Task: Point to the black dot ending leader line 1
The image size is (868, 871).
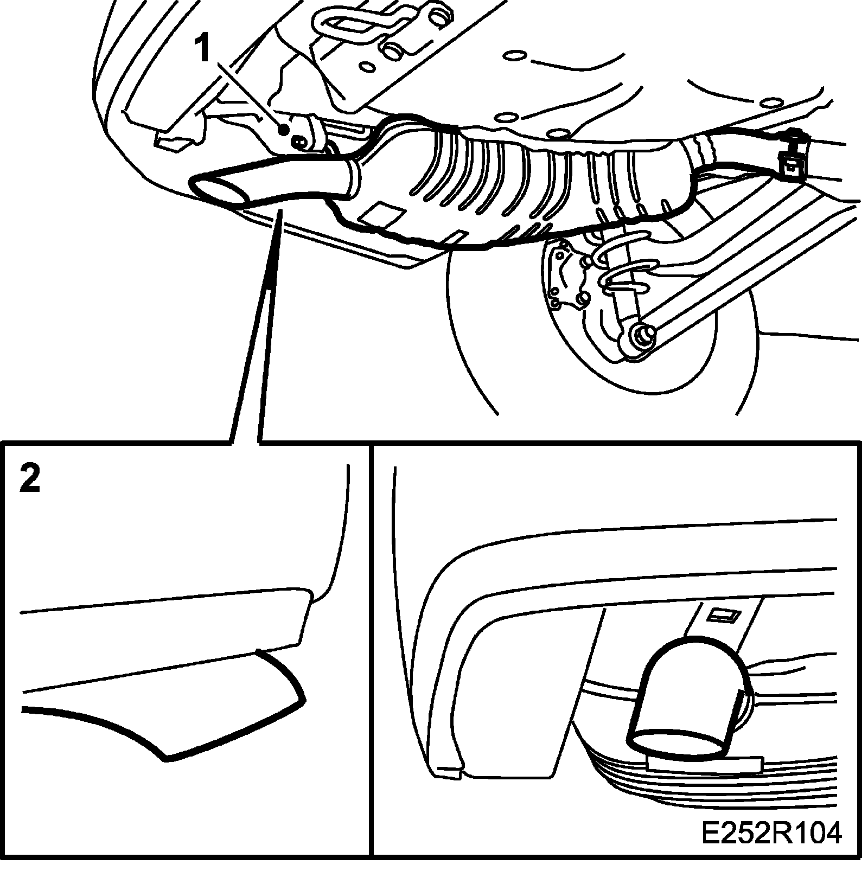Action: (283, 129)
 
